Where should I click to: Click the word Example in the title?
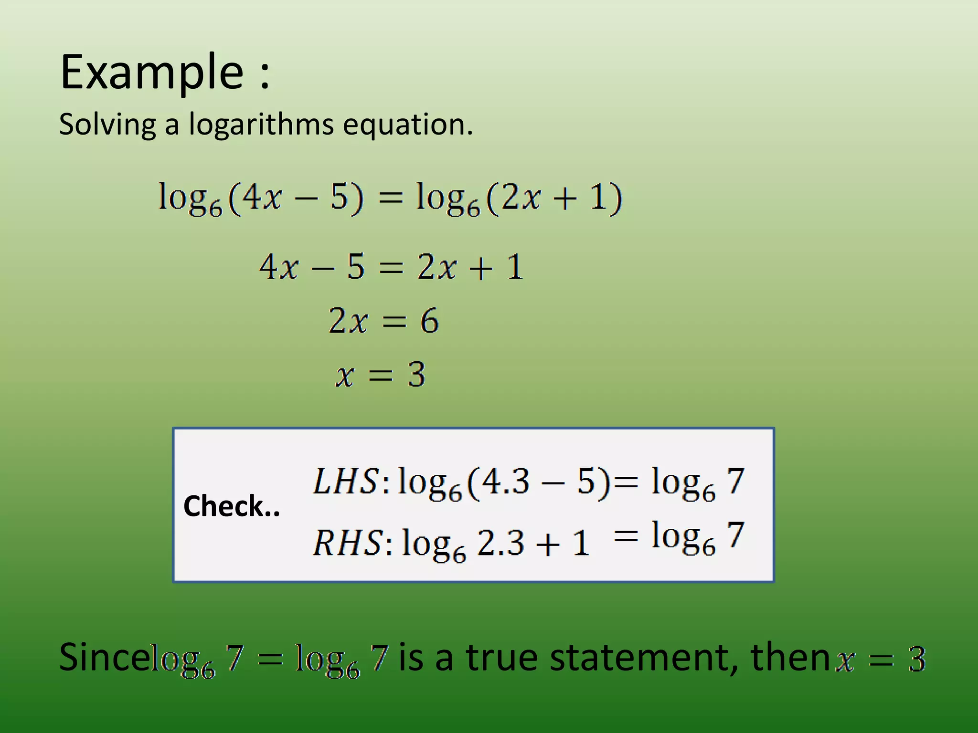coord(152,73)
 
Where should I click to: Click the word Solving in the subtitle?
coord(107,125)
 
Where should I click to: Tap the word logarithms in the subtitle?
coord(261,125)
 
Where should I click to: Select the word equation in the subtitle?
coord(407,125)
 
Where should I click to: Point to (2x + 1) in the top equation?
coord(554,198)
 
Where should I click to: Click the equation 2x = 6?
coord(383,321)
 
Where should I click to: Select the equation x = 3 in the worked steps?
coord(380,375)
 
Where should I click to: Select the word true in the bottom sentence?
coord(503,658)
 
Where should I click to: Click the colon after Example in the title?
coord(265,76)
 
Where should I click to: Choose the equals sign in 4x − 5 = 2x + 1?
coord(391,267)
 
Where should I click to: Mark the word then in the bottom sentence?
coord(790,658)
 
